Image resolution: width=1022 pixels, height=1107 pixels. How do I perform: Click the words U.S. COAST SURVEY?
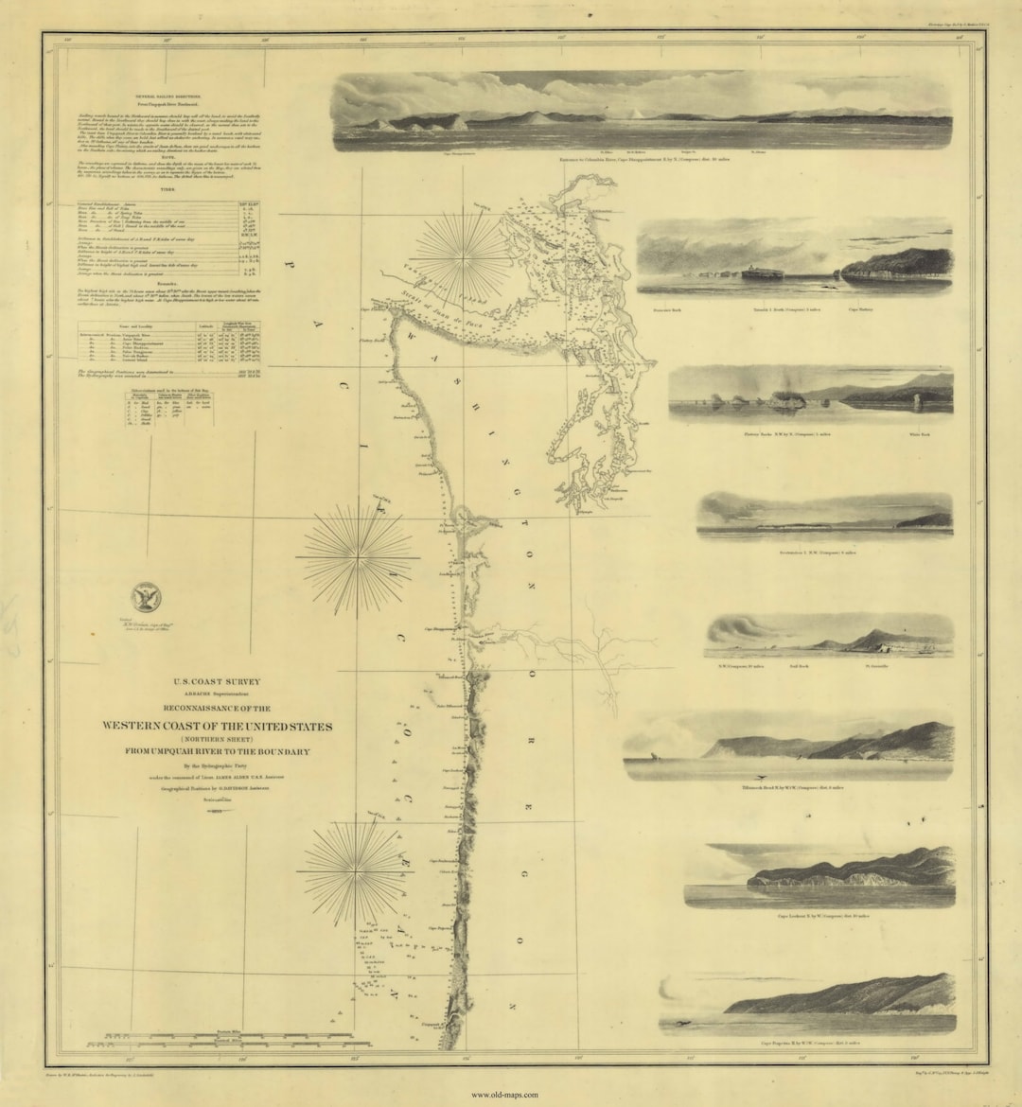click(x=217, y=681)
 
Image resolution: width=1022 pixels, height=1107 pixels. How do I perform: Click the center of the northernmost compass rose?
click(x=463, y=254)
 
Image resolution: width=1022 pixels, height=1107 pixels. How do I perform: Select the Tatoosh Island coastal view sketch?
click(x=794, y=259)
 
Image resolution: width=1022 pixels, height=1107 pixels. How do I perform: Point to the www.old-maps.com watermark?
click(x=504, y=1095)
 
